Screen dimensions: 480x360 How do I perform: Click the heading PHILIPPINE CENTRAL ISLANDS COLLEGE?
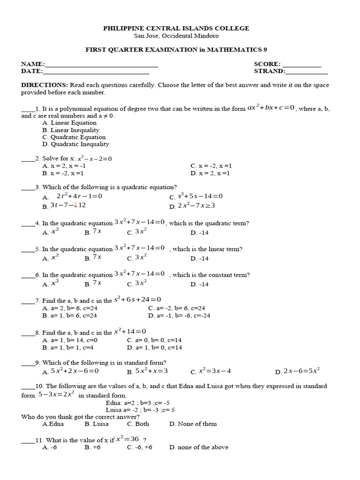point(176,29)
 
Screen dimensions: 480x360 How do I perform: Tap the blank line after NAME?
point(101,64)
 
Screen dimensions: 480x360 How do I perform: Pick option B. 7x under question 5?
point(93,257)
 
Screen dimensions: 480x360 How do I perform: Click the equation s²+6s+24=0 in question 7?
point(137,300)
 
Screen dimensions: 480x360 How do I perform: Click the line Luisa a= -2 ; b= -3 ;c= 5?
point(140,410)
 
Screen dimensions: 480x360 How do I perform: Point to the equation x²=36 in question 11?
point(127,439)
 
